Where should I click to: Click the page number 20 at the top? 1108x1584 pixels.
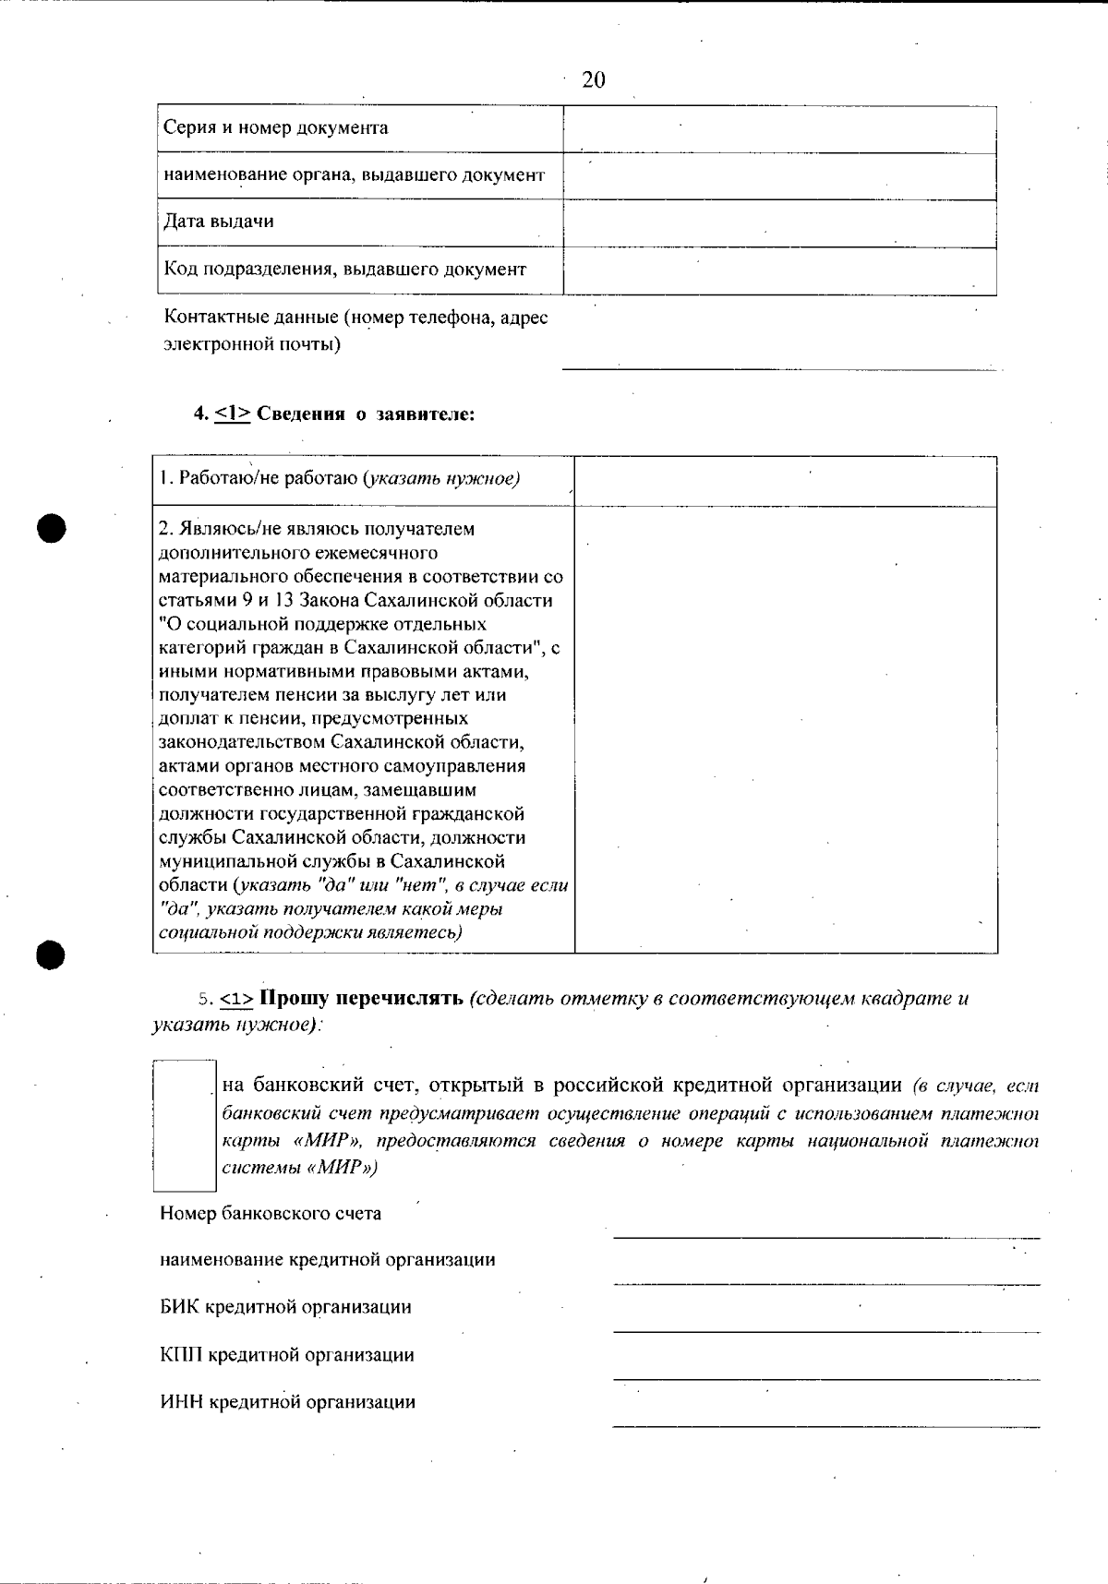594,80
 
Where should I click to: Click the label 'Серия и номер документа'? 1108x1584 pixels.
275,127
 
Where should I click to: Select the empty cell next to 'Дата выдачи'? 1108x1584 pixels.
779,223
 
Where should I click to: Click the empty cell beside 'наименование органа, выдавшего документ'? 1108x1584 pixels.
779,175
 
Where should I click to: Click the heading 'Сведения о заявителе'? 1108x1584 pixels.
365,414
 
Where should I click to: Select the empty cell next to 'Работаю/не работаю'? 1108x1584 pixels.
785,481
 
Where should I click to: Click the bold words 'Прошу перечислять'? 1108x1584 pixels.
362,999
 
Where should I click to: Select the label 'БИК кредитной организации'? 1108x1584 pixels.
285,1307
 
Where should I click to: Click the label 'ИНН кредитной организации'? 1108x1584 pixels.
287,1402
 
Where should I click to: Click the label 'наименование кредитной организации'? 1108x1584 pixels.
327,1260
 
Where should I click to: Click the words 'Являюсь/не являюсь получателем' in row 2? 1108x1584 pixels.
317,529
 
